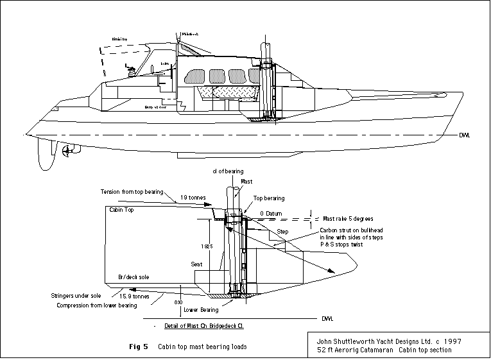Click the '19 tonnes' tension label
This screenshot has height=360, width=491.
click(194, 198)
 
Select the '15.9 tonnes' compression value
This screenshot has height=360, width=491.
click(136, 297)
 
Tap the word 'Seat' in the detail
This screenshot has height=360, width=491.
click(198, 264)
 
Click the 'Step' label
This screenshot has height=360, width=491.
click(282, 231)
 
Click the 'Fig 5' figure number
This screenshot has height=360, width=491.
click(139, 347)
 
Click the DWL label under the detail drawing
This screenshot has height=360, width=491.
click(326, 318)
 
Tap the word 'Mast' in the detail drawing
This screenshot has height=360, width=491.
click(246, 182)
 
